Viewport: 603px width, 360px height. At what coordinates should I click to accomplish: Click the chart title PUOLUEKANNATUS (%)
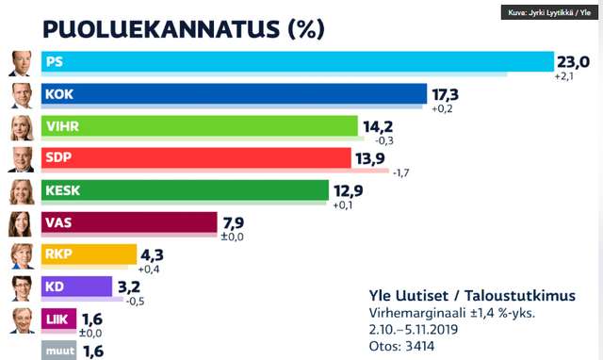tap(184, 27)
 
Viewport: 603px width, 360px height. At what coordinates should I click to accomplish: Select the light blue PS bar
tap(297, 62)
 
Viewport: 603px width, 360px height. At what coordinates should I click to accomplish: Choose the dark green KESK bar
tap(185, 190)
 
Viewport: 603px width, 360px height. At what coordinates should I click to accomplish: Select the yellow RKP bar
tap(90, 254)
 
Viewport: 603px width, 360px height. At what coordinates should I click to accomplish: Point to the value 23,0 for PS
tap(574, 62)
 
